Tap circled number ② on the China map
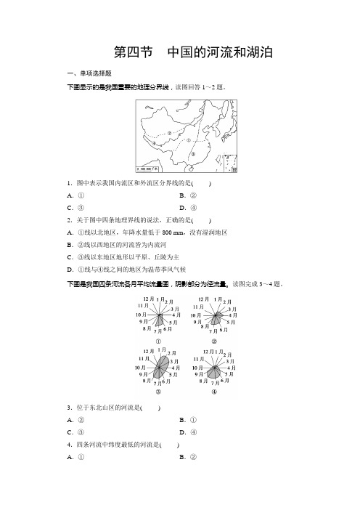point(168,133)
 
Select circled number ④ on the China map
point(153,143)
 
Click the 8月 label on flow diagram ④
point(203,381)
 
